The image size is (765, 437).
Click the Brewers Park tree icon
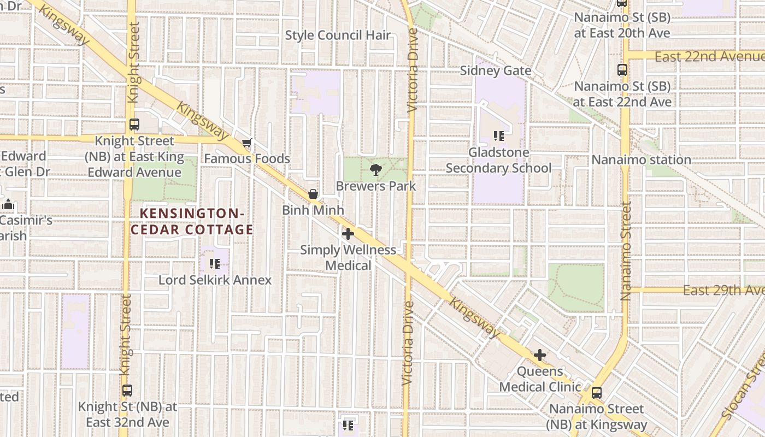[x=375, y=170]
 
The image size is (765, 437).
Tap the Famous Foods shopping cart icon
[x=247, y=143]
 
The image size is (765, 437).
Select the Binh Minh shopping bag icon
[x=313, y=194]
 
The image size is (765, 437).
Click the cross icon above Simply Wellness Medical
[x=348, y=234]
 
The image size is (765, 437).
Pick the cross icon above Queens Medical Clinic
[x=540, y=355]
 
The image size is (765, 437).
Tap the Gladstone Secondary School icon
[x=498, y=136]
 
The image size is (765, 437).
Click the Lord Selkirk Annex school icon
[x=215, y=264]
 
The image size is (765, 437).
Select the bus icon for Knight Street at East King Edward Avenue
[x=134, y=125]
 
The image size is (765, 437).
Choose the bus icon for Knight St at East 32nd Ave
[x=127, y=391]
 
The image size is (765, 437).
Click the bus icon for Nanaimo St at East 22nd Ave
[x=622, y=70]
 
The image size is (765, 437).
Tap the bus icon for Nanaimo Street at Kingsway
[x=597, y=392]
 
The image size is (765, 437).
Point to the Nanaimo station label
[x=641, y=160]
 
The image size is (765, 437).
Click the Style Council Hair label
[x=338, y=36]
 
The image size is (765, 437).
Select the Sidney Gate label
[x=496, y=70]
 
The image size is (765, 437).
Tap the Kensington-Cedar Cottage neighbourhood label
[x=191, y=221]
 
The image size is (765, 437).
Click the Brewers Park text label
[x=375, y=186]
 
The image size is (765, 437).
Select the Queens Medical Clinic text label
[x=540, y=379]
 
